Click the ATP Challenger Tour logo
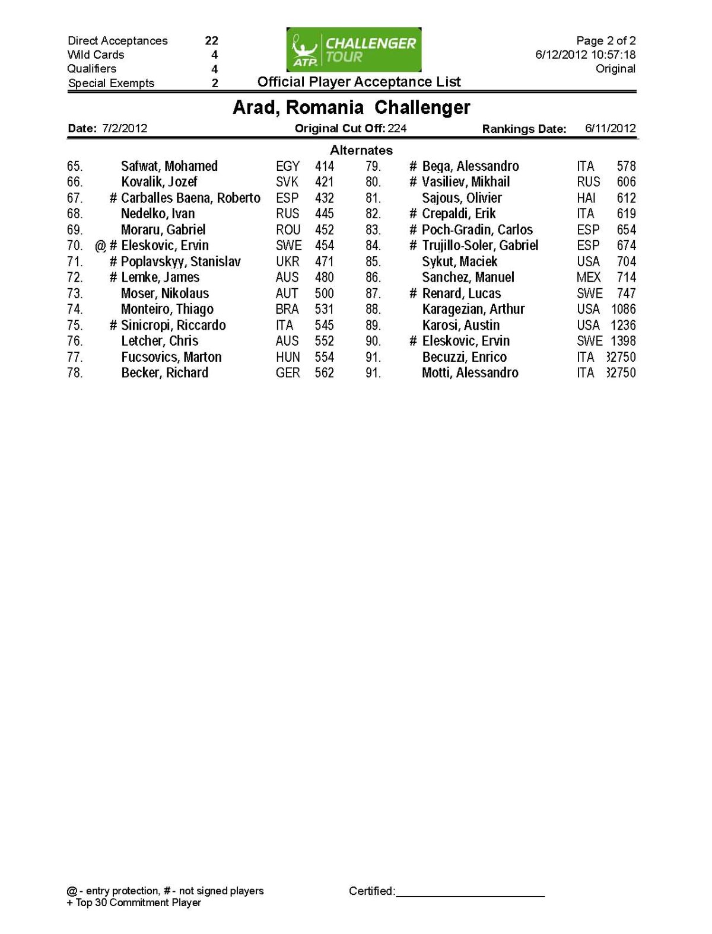[x=354, y=50]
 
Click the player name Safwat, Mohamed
[x=169, y=166]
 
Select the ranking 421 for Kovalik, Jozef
[x=324, y=182]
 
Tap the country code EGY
[x=288, y=166]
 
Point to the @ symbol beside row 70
[x=100, y=246]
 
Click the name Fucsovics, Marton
[x=171, y=357]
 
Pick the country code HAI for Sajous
[x=586, y=198]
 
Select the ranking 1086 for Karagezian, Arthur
[x=623, y=309]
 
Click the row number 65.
[x=75, y=166]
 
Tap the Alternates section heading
[x=361, y=150]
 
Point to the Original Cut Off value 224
[x=397, y=128]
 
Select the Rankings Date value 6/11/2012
[x=610, y=128]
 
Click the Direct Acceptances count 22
[x=211, y=40]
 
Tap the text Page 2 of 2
[x=606, y=40]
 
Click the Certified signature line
[x=470, y=894]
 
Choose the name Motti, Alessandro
[x=470, y=373]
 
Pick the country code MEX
[x=588, y=278]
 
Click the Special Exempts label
[x=111, y=83]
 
